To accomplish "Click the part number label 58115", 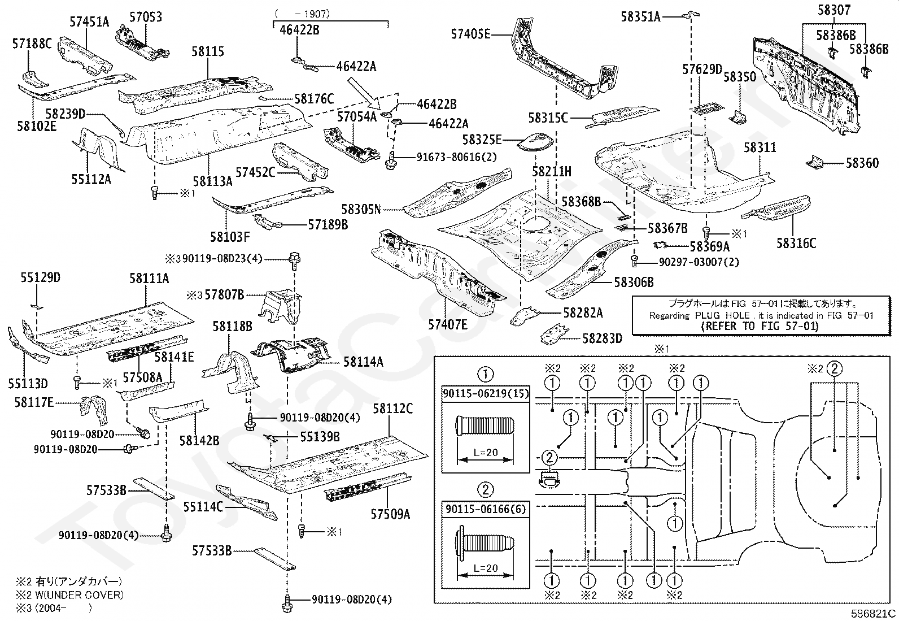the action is (207, 51).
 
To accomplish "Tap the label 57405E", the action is (470, 34).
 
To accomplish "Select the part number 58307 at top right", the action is (834, 10).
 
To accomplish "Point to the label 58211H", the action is (552, 172).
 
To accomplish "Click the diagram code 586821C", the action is (873, 613).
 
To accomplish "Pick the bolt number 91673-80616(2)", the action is (456, 157).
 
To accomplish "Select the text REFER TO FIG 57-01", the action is (760, 326).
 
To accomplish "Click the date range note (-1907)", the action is (302, 14).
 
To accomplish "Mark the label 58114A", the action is (363, 362).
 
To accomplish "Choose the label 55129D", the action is (41, 277).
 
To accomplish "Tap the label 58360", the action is (862, 163).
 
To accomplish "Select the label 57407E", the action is (447, 324).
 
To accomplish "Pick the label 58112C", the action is (392, 409).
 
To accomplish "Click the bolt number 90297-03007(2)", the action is (699, 262).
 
